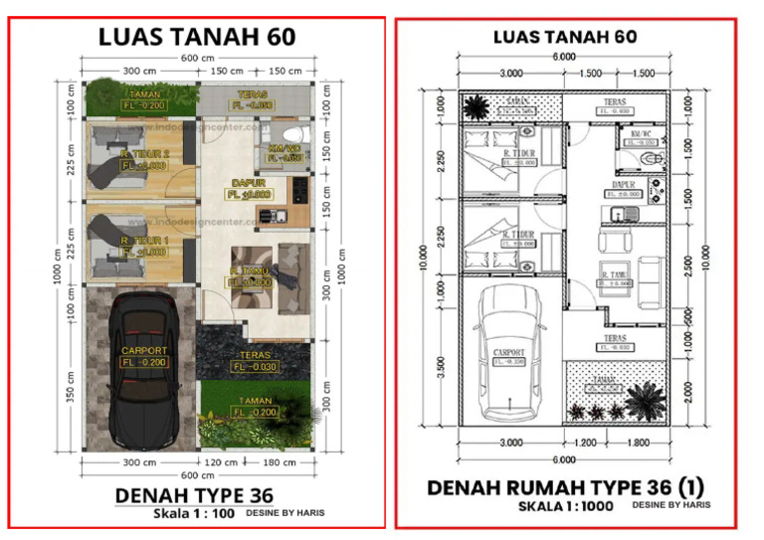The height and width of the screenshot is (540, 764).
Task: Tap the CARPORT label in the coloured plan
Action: [x=144, y=351]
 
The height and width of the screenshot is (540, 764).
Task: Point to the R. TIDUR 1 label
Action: [x=144, y=242]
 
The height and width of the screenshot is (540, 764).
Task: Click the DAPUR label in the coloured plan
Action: [x=246, y=183]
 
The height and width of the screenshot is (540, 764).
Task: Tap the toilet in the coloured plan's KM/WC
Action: [x=288, y=136]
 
